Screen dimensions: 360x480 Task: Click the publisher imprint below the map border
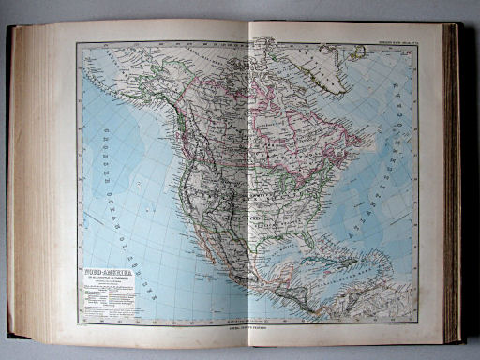pyautogui.click(x=253, y=327)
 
